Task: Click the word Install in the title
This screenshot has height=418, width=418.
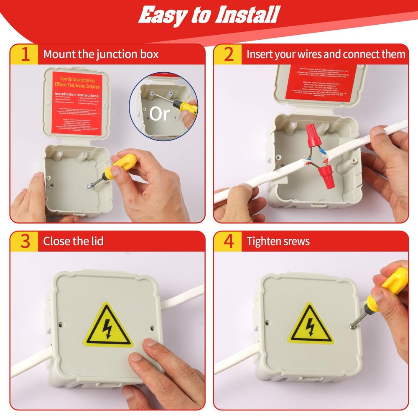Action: [246, 15]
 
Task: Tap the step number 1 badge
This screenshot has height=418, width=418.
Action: [25, 54]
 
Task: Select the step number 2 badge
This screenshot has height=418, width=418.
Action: [228, 54]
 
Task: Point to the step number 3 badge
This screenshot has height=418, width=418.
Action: [25, 241]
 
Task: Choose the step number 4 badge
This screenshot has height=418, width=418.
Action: [228, 241]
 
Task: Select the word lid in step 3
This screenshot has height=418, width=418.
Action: [97, 241]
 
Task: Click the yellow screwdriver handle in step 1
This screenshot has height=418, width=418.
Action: [124, 164]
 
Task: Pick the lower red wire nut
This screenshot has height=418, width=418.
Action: [325, 170]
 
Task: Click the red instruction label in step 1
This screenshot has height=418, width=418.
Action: [77, 103]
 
